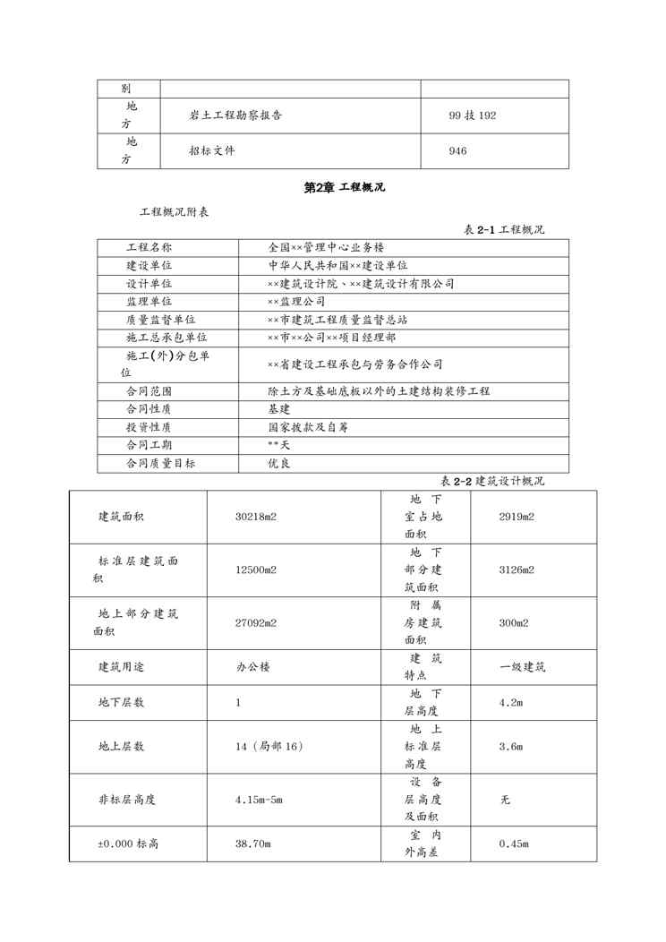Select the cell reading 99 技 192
(473, 116)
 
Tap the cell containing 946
(457, 151)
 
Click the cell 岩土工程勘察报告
(235, 116)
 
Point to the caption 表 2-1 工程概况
(503, 230)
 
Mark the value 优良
(278, 464)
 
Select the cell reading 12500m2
(255, 569)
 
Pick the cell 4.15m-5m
(259, 798)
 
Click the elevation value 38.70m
(253, 844)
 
